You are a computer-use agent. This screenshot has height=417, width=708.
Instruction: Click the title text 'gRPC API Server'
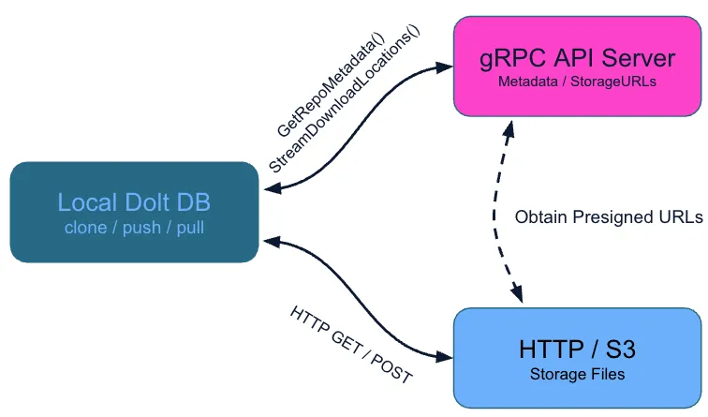pos(576,59)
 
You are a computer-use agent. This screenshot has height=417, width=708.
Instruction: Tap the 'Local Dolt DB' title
pos(134,202)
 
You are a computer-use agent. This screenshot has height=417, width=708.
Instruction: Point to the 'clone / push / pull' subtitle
pos(134,228)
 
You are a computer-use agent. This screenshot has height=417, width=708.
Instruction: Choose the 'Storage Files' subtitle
pos(577,374)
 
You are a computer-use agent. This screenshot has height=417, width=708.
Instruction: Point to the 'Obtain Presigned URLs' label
pos(609,217)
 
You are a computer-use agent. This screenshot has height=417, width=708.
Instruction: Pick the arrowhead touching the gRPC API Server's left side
pos(444,66)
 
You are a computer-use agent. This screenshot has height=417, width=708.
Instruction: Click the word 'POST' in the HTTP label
pos(391,367)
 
